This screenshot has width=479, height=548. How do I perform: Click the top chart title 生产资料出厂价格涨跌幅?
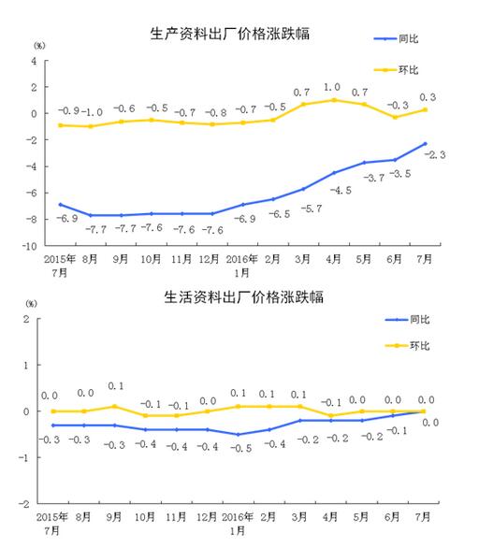[230, 35]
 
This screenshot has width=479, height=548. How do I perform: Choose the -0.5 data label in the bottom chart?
[240, 448]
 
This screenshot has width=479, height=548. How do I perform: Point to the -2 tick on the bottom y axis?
[30, 503]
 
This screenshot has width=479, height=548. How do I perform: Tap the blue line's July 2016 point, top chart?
[426, 144]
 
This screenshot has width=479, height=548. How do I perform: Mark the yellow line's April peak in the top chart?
[334, 99]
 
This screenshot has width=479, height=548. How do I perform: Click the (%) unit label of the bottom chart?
[33, 305]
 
